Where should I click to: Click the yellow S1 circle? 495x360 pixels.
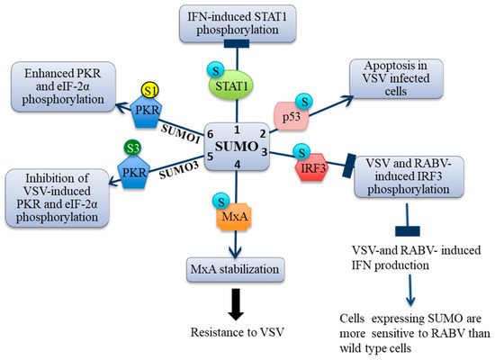[152, 92]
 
